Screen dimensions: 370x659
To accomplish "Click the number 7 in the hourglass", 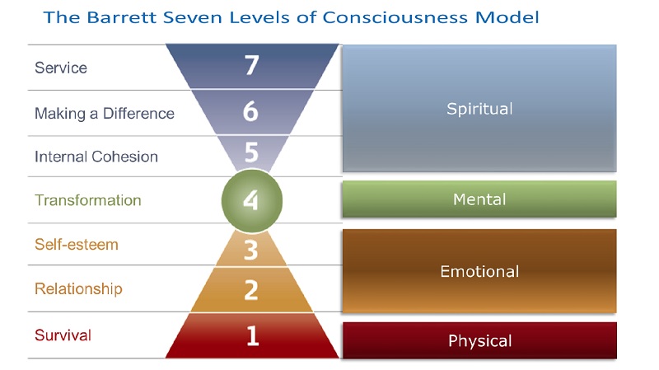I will click(252, 67).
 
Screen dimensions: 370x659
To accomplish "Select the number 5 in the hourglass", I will click(252, 154).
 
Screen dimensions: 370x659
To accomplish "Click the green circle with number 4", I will click(252, 200).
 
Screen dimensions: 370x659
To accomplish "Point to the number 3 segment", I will click(252, 246).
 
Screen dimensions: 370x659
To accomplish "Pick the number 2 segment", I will click(252, 289).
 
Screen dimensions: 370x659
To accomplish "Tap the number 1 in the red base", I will click(252, 335).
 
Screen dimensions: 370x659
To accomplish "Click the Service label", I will click(61, 68).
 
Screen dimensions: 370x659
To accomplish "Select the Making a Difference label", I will click(104, 114).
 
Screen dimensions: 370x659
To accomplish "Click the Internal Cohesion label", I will click(96, 157).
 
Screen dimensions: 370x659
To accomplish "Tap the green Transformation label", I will click(87, 200).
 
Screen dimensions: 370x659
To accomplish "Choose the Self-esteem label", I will click(76, 245).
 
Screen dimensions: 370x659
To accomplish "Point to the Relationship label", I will click(78, 289).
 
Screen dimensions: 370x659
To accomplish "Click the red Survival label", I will click(63, 335).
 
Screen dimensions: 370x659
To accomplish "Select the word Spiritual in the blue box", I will click(479, 109).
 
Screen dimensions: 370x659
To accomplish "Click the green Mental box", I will click(479, 199).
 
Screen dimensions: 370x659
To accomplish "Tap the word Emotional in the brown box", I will click(479, 271).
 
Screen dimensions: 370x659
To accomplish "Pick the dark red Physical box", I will click(479, 340).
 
